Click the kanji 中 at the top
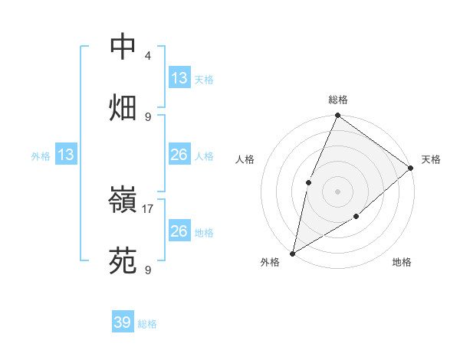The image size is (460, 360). [123, 47]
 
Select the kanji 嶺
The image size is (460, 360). [123, 204]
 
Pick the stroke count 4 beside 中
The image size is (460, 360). [148, 56]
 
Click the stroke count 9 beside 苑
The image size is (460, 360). [148, 270]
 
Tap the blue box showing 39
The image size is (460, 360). [123, 322]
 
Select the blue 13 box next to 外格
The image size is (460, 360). [66, 155]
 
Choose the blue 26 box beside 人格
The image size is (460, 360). [179, 155]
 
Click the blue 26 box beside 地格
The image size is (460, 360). [179, 231]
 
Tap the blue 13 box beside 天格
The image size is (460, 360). [179, 78]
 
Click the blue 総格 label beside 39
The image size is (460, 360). [147, 324]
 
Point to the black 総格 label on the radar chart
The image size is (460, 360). [337, 100]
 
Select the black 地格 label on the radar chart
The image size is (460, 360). [402, 263]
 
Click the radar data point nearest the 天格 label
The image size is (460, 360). [411, 168]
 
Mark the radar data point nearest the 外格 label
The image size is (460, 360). [292, 254]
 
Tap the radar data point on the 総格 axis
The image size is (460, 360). [337, 116]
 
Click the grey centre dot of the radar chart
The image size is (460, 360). [337, 191]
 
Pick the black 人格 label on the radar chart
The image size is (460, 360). [245, 160]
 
